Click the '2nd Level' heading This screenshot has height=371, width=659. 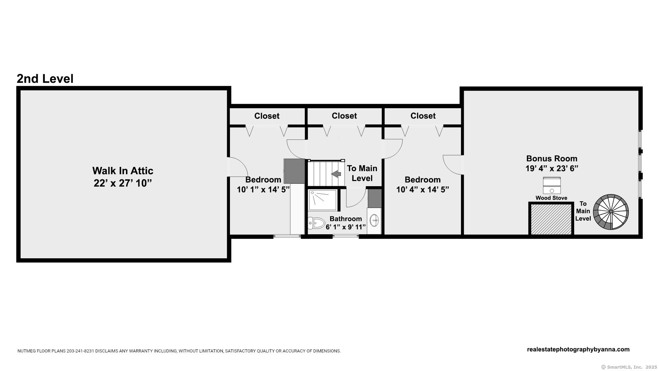tap(45, 79)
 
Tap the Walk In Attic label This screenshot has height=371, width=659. tap(123, 171)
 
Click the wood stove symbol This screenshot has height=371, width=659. tap(552, 185)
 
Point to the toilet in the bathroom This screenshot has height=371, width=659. tap(316, 223)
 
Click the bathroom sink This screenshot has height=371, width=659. tap(374, 220)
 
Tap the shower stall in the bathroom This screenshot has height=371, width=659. tap(323, 200)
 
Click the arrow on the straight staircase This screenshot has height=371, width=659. tap(336, 174)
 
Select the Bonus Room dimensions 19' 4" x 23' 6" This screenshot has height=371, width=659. tap(552, 168)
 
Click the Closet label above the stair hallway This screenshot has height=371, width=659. tap(344, 116)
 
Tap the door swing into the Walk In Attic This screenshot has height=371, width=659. tap(237, 167)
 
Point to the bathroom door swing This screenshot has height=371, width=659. tap(356, 197)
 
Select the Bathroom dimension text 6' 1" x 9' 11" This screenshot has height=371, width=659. tap(346, 227)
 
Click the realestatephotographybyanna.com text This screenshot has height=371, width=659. tap(578, 349)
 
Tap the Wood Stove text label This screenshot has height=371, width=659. tap(551, 198)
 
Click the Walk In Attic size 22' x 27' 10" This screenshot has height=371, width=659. tap(123, 183)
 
